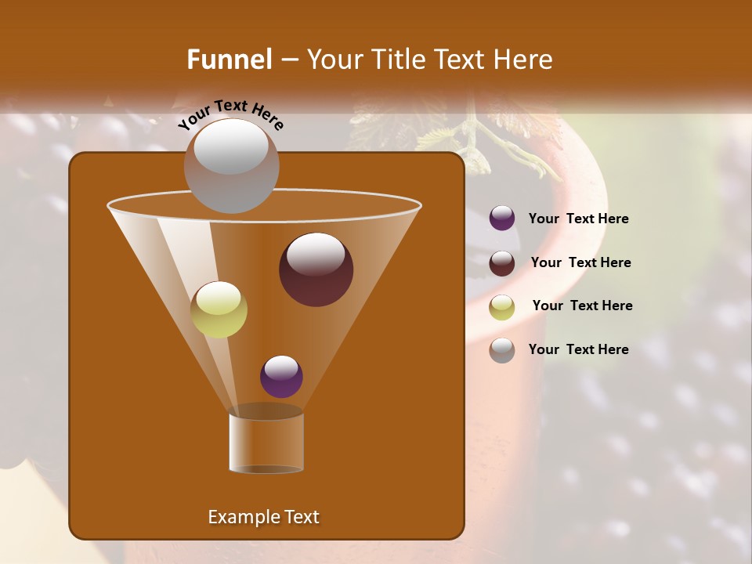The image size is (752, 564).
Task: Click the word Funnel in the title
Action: [x=230, y=60]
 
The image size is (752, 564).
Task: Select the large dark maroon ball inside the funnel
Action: [x=316, y=269]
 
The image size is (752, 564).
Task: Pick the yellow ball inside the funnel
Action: [x=219, y=309]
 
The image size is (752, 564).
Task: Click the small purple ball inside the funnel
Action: [x=281, y=377]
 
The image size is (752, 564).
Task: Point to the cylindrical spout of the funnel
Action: [x=266, y=443]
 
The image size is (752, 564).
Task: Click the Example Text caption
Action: [x=263, y=517]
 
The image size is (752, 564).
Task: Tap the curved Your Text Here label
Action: [x=230, y=114]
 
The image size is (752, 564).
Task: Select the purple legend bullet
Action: [x=502, y=219]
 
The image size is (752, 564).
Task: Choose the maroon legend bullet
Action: [x=502, y=263]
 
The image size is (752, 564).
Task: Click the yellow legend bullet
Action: [x=502, y=306]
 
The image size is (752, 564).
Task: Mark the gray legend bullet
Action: [x=502, y=350]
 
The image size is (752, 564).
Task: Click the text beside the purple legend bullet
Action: [x=578, y=219]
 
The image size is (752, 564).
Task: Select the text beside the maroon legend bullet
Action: [x=580, y=263]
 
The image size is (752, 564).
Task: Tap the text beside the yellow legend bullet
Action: [x=582, y=306]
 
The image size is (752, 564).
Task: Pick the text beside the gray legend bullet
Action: [x=578, y=350]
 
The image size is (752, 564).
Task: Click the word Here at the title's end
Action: [x=524, y=60]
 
